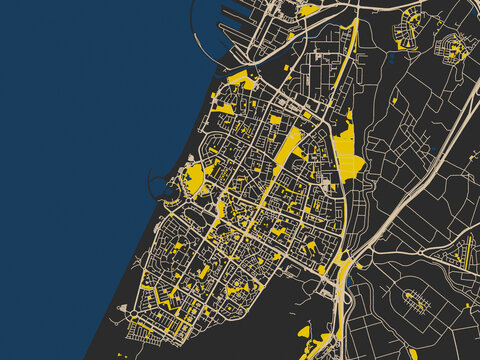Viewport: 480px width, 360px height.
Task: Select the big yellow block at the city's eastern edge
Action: (x=348, y=160)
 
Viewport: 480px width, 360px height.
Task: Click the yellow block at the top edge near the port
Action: (x=310, y=10)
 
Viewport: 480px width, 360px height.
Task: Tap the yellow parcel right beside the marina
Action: (x=194, y=179)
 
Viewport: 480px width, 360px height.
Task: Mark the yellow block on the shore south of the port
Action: (x=240, y=80)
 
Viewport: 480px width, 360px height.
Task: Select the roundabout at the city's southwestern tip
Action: (x=134, y=321)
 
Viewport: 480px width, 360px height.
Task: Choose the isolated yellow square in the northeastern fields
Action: (x=395, y=100)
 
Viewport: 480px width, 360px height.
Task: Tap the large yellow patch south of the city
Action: (x=304, y=331)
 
